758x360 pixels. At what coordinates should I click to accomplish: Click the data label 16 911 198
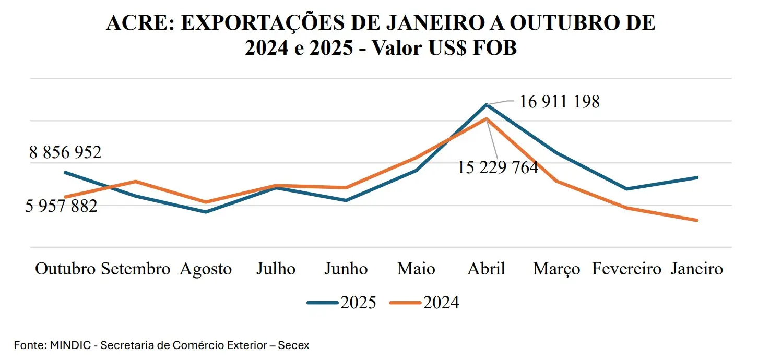tap(560, 102)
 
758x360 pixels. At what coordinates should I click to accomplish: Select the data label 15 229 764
tap(498, 167)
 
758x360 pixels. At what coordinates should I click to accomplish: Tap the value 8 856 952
tap(65, 153)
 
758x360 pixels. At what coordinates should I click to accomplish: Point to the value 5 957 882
tap(62, 206)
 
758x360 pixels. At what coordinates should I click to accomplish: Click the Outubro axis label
tap(66, 269)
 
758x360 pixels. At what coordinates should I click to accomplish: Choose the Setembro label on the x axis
tap(136, 269)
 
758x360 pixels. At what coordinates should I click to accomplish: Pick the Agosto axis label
tap(206, 270)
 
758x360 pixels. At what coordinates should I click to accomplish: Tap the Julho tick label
tap(276, 269)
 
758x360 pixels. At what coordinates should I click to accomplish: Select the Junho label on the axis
tap(346, 269)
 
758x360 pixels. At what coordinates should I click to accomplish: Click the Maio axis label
tap(416, 269)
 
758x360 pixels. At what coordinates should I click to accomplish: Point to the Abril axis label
tap(486, 269)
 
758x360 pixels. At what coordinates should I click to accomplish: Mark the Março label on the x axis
tap(556, 270)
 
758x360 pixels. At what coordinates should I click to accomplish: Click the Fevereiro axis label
tap(626, 269)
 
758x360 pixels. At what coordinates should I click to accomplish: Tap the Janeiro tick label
tap(697, 269)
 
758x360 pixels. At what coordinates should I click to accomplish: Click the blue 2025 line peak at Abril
tap(487, 105)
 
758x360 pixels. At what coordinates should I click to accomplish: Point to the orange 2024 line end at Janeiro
tap(697, 220)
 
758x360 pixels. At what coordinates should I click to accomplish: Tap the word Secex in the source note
tap(293, 345)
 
